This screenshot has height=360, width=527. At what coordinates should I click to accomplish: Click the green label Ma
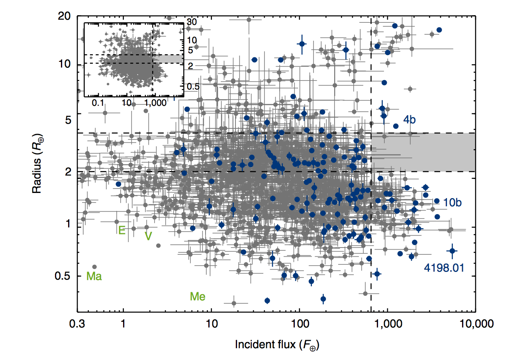[94, 276]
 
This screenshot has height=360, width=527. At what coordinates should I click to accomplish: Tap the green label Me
[198, 297]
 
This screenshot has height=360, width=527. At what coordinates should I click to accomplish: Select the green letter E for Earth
[122, 230]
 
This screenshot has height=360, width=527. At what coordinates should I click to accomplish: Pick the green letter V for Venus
[148, 236]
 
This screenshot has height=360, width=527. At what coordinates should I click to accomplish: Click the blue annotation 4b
[409, 120]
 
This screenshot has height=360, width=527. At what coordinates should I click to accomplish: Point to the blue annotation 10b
[452, 203]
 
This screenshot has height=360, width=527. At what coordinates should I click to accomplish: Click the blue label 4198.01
[444, 268]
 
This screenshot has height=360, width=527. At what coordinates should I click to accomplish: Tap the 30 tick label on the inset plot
[192, 22]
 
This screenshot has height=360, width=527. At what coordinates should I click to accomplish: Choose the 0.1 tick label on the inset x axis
[98, 102]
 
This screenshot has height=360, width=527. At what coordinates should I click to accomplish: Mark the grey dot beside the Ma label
[94, 267]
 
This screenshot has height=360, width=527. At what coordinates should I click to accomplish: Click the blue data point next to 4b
[396, 126]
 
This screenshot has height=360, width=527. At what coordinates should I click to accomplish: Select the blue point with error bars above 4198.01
[452, 250]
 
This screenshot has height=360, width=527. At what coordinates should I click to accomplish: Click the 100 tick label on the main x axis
[299, 323]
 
